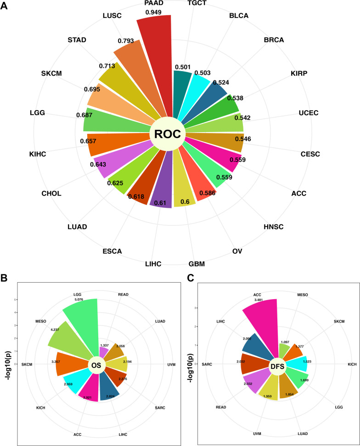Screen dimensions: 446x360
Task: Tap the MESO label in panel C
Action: click(x=303, y=293)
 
